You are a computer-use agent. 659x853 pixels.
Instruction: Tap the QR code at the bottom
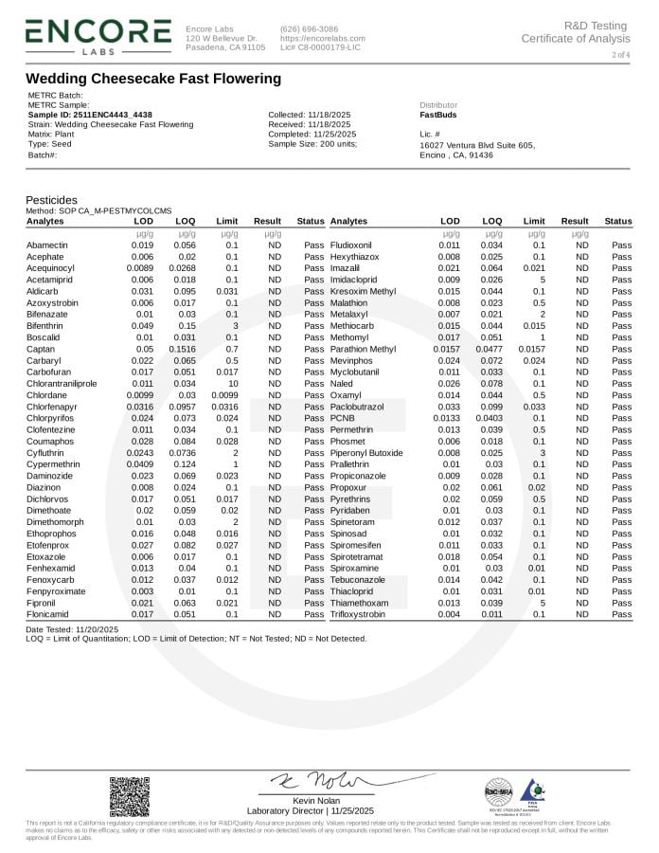point(129,796)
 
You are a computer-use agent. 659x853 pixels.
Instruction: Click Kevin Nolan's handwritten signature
point(313,781)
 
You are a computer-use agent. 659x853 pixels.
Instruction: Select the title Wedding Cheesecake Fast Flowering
point(152,79)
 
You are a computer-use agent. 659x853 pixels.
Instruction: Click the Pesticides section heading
point(51,200)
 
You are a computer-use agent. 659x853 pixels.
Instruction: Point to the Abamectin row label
point(47,245)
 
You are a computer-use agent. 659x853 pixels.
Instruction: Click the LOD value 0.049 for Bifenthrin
point(142,324)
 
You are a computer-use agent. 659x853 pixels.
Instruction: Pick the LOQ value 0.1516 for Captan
point(185,350)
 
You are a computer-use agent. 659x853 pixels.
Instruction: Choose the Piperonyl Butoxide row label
point(366,453)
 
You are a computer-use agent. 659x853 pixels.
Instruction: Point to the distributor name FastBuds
point(437,115)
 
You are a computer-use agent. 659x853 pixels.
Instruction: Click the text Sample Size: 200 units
point(312,143)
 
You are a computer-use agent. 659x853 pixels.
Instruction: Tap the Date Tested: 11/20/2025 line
point(72,629)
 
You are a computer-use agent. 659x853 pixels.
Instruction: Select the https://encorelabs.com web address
point(322,38)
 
